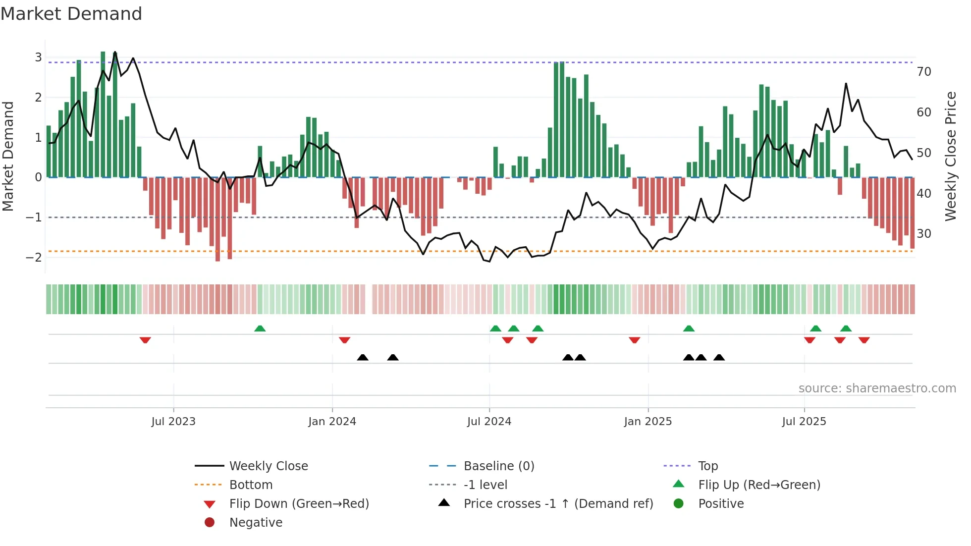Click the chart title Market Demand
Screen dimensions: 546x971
pyautogui.click(x=71, y=14)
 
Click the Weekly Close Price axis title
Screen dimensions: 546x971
pyautogui.click(x=950, y=156)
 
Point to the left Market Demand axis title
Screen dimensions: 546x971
pyautogui.click(x=8, y=156)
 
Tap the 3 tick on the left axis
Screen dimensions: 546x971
pyautogui.click(x=38, y=57)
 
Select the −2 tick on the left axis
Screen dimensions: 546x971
pyautogui.click(x=34, y=257)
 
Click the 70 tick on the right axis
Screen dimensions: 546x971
pyautogui.click(x=923, y=72)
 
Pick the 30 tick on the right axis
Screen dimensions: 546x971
pyautogui.click(x=923, y=233)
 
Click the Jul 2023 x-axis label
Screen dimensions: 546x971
pyautogui.click(x=173, y=422)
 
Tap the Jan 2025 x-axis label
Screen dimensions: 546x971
pyautogui.click(x=647, y=422)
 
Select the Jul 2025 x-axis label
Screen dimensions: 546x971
pyautogui.click(x=804, y=422)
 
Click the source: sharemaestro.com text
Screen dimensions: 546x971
pyautogui.click(x=877, y=388)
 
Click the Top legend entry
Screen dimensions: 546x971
pyautogui.click(x=707, y=466)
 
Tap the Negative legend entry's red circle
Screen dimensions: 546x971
pyautogui.click(x=210, y=523)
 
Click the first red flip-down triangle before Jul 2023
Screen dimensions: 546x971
pyautogui.click(x=145, y=340)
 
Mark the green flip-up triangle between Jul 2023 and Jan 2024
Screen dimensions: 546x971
pyautogui.click(x=260, y=328)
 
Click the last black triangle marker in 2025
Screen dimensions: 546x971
pyautogui.click(x=719, y=357)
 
